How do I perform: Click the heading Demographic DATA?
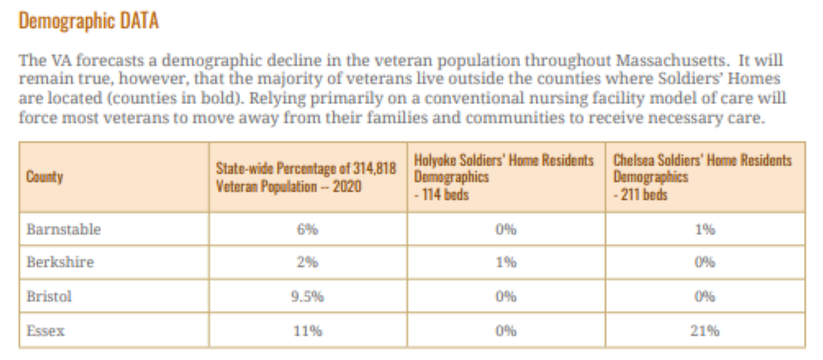[88, 21]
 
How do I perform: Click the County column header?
[45, 177]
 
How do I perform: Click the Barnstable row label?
[64, 229]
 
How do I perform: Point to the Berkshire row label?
[60, 262]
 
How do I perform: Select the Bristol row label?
[49, 297]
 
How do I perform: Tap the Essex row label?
[45, 331]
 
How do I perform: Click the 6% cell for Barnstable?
[308, 229]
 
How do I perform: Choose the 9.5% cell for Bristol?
[308, 297]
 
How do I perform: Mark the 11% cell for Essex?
[308, 331]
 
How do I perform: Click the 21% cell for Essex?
[705, 331]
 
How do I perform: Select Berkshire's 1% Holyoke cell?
[506, 262]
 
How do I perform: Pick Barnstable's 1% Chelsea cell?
[705, 229]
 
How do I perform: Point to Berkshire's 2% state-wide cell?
[308, 262]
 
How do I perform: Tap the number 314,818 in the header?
[373, 169]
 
